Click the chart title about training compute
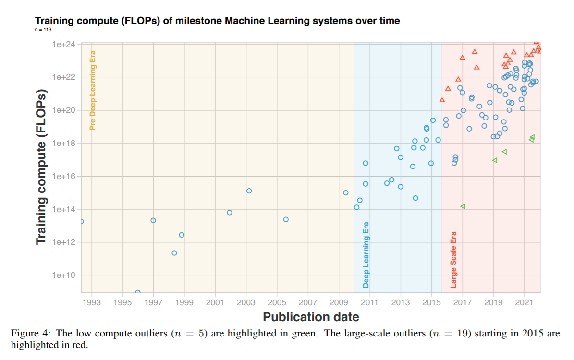(x=217, y=21)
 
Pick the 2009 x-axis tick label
(x=339, y=302)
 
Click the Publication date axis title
(x=311, y=317)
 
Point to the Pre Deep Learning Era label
(x=93, y=90)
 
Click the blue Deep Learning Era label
(x=366, y=254)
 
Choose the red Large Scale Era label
(x=453, y=260)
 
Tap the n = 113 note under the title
(x=43, y=30)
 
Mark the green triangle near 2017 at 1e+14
(x=463, y=206)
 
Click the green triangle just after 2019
(x=495, y=160)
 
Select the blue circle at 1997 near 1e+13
(x=153, y=220)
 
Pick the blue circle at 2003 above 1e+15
(x=249, y=191)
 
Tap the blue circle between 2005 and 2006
(x=286, y=219)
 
